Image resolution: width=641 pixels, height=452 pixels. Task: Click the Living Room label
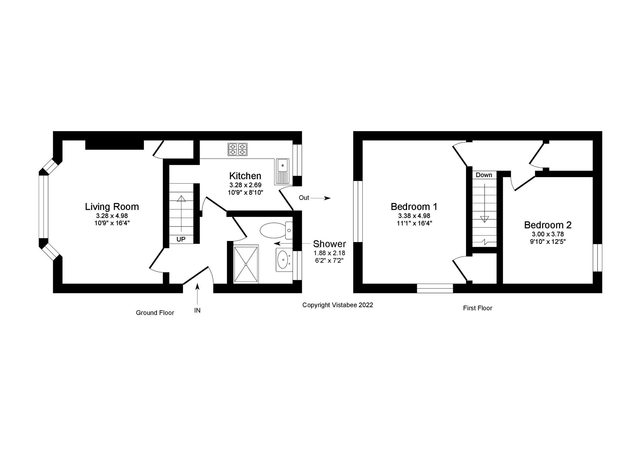(x=112, y=207)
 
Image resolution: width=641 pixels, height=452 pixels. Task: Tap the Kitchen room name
(x=245, y=176)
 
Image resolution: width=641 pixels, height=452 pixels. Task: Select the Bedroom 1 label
(x=414, y=206)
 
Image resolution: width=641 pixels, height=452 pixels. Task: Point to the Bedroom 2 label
(x=548, y=225)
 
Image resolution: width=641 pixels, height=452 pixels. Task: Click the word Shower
(x=329, y=244)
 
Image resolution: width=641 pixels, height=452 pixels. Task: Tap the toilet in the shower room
(x=275, y=230)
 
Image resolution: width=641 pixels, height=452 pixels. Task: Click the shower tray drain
(x=246, y=264)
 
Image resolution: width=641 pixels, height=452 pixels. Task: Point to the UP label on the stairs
(x=181, y=239)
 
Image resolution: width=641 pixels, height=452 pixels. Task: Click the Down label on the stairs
(x=484, y=175)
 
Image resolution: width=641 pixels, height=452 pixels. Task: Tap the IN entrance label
(x=197, y=310)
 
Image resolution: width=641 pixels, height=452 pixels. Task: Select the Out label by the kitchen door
(x=304, y=198)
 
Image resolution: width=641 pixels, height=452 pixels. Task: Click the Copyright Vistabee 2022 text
(x=338, y=305)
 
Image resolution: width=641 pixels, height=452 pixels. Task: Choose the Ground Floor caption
(x=155, y=313)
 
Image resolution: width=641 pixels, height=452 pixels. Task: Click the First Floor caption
(x=477, y=308)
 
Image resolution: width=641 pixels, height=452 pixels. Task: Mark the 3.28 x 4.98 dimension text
(x=112, y=216)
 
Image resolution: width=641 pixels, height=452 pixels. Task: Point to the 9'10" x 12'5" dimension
(x=548, y=242)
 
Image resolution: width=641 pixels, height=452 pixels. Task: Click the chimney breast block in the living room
(x=114, y=145)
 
